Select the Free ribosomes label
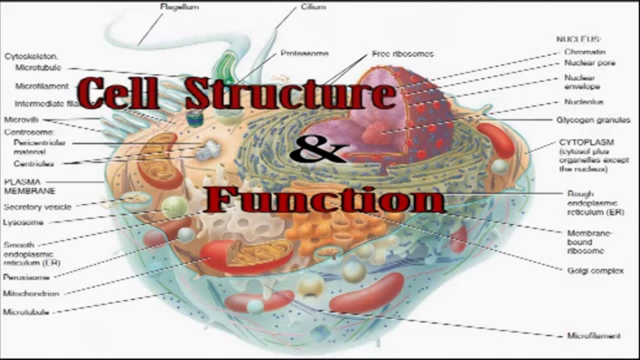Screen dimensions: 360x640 [x=402, y=53]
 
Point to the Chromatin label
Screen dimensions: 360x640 [x=585, y=52]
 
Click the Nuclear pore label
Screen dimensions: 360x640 [x=589, y=63]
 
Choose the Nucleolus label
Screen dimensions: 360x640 [x=584, y=102]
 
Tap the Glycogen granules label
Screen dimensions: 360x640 [x=593, y=120]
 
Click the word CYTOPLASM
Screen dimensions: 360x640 [x=586, y=142]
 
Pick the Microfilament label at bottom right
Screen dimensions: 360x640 [x=594, y=336]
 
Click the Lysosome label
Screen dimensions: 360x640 [x=23, y=222]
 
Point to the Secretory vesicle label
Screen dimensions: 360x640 [x=37, y=207]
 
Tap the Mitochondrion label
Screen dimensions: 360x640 [x=31, y=294]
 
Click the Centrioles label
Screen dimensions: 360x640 [x=34, y=163]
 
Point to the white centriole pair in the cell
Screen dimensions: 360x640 [x=206, y=150]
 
